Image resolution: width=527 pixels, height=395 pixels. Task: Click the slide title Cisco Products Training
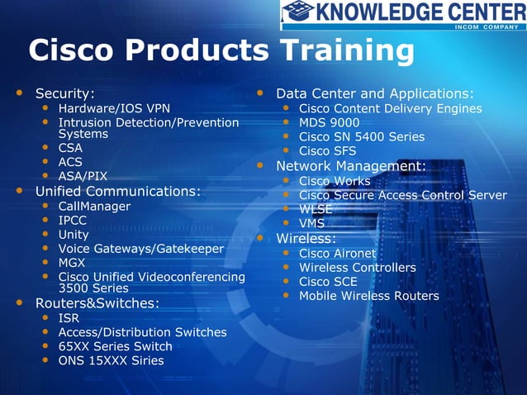point(221,51)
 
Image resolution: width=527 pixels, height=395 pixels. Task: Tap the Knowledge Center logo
point(403,14)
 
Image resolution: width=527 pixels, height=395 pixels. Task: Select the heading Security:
point(64,93)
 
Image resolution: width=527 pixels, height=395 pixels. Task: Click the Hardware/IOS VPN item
point(114,108)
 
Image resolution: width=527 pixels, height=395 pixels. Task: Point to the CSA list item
point(70,148)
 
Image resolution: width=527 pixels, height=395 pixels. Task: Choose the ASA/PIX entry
point(83,176)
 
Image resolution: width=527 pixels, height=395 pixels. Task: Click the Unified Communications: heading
point(117,191)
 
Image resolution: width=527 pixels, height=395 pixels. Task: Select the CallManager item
point(94,206)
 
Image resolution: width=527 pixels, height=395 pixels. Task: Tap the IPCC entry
point(73,221)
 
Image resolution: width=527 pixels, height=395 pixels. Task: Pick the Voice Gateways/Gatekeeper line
point(140,249)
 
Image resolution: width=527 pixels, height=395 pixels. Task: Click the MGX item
point(72,263)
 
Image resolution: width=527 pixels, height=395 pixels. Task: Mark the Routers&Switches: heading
point(97,303)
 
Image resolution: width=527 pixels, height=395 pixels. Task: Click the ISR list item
point(69,318)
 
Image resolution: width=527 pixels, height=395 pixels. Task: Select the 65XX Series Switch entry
point(115,346)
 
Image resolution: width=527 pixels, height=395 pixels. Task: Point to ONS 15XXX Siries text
point(111,360)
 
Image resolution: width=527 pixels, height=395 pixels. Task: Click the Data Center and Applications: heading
point(374,93)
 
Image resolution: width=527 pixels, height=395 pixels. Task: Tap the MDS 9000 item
point(329,122)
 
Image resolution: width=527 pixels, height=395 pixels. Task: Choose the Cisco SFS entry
point(328,150)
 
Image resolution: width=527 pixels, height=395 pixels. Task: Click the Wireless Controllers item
point(357,268)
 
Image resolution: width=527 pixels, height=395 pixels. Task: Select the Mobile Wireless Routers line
point(368,296)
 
